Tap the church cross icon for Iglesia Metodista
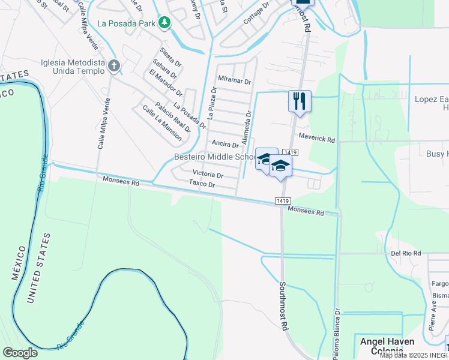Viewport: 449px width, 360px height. [114, 65]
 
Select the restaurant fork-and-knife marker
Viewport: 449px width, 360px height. [300, 101]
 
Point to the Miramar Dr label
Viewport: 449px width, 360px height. [235, 80]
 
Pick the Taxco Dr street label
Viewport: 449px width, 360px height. [202, 184]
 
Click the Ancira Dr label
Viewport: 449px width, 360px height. [226, 145]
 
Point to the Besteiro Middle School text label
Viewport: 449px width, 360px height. [214, 157]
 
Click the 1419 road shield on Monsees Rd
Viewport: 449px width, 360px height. [284, 200]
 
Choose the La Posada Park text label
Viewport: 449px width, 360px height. [125, 24]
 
